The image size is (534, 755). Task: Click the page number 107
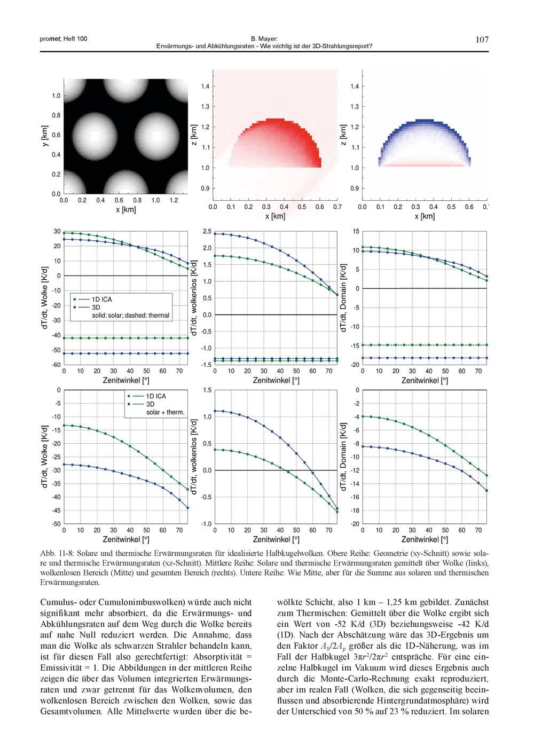(x=482, y=40)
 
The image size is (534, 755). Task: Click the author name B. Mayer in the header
(x=264, y=39)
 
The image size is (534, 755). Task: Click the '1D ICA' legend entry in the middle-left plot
(x=102, y=299)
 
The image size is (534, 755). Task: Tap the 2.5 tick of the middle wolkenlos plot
(x=208, y=231)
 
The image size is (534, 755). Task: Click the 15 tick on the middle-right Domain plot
(x=355, y=231)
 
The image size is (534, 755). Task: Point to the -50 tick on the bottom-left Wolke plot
(x=56, y=524)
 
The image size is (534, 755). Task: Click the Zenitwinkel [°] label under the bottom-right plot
(x=424, y=539)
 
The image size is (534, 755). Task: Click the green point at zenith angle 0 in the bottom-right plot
(x=363, y=416)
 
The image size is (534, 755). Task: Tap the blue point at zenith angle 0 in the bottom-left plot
(x=64, y=464)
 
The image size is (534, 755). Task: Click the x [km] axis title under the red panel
(x=275, y=216)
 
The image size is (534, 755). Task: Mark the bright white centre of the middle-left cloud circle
(x=95, y=136)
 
